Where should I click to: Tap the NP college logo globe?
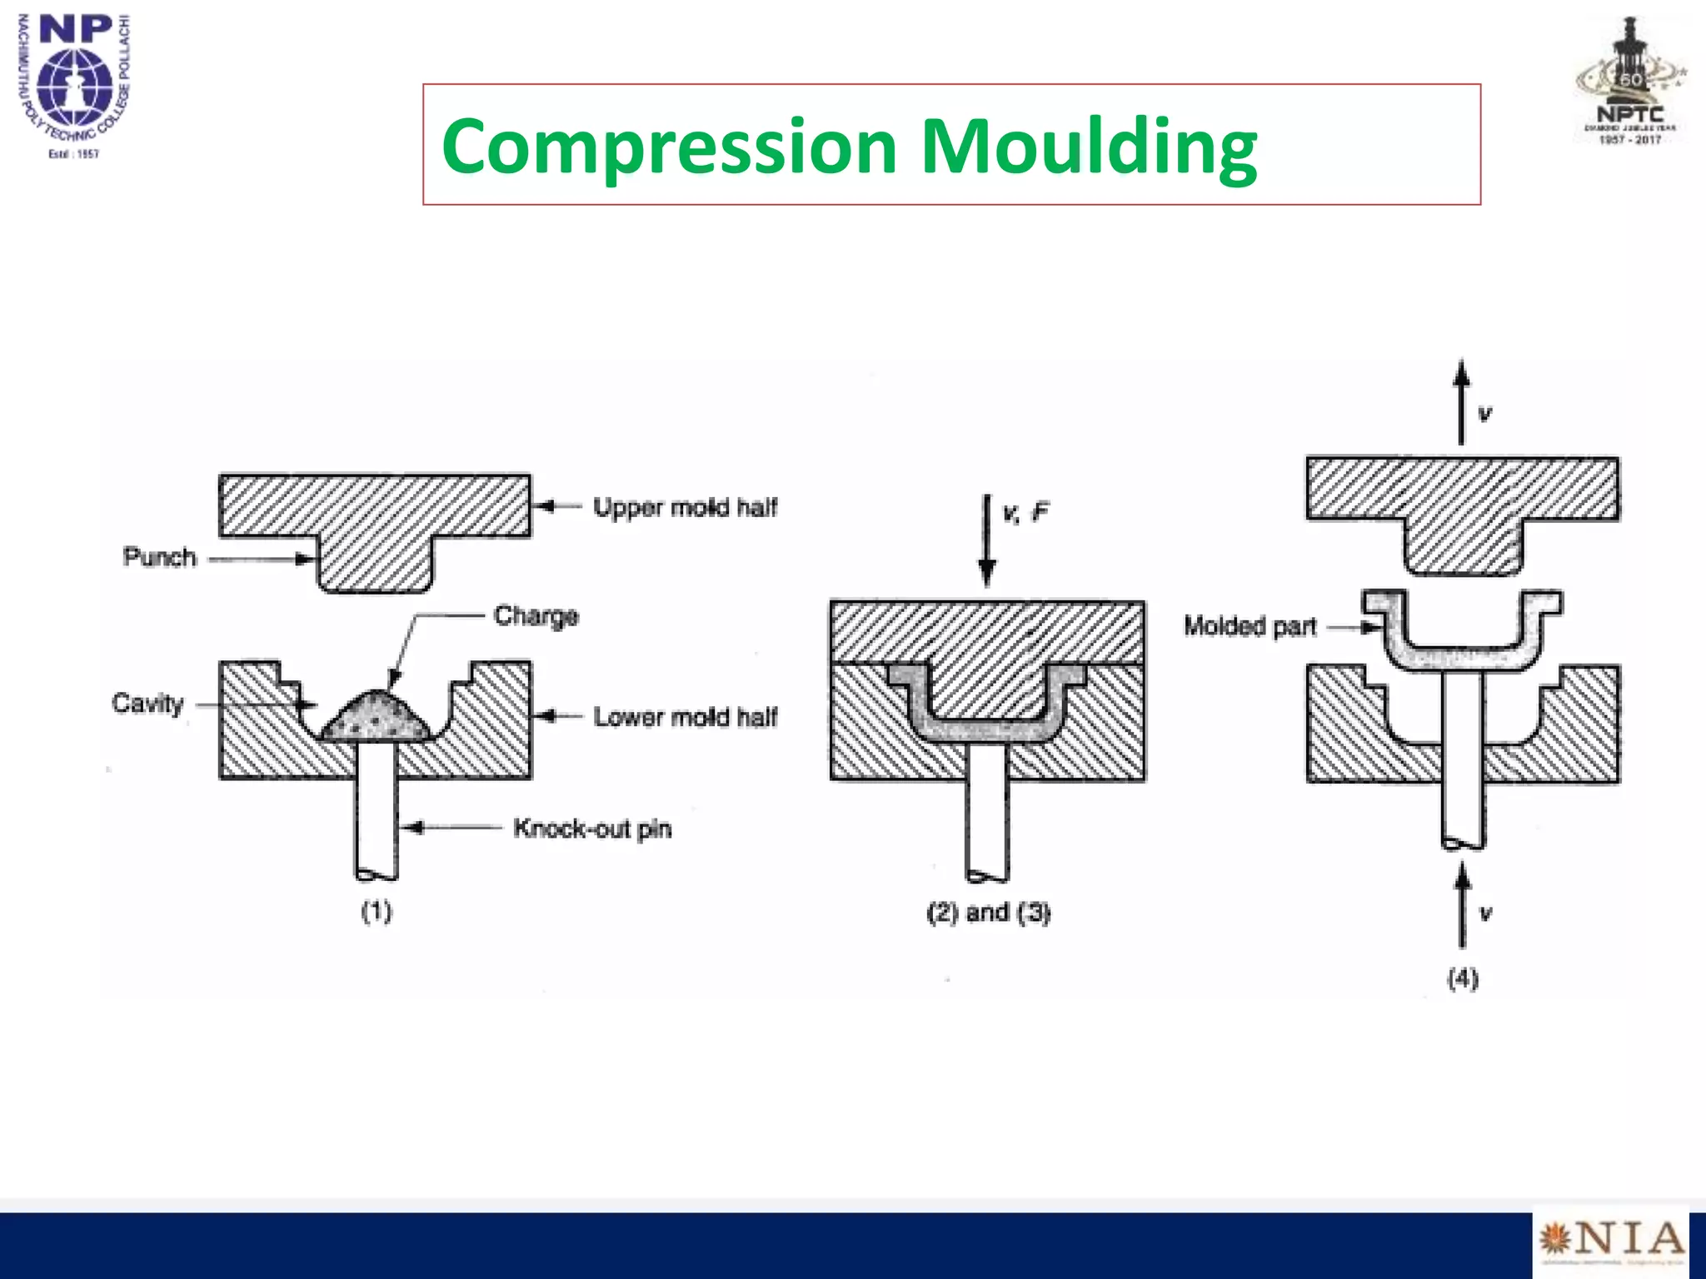tap(75, 83)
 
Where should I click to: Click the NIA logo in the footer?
tap(1611, 1241)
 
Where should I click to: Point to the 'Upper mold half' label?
tap(685, 507)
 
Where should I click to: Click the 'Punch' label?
tap(159, 557)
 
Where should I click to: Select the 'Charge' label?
tap(536, 616)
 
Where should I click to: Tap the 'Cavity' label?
tap(147, 704)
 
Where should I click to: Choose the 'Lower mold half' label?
tap(685, 717)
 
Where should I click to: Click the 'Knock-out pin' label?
tap(592, 829)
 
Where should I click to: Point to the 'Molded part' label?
tap(1250, 626)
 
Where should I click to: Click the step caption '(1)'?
tap(377, 912)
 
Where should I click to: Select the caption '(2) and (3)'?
tap(988, 913)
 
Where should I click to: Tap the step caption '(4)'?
tap(1463, 978)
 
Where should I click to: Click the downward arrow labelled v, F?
tap(987, 541)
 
